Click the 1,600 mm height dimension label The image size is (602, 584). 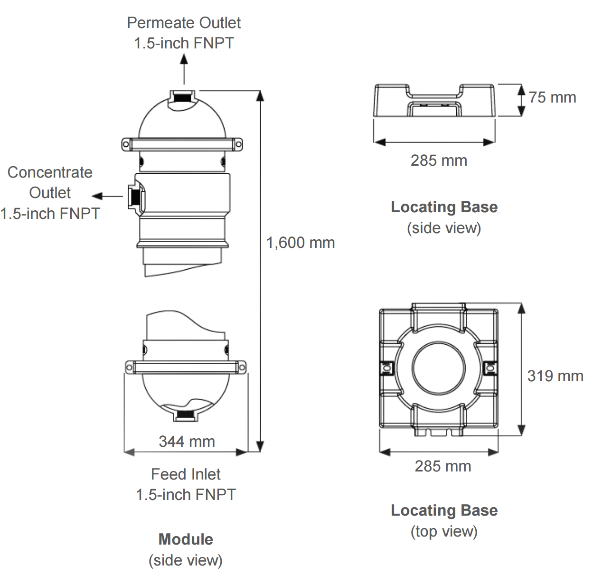[x=300, y=243]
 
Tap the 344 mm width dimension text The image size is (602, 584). [x=187, y=442]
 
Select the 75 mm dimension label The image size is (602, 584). [x=552, y=97]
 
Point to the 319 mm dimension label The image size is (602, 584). [x=555, y=376]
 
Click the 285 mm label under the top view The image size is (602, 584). [x=442, y=466]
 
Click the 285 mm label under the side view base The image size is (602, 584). [x=439, y=160]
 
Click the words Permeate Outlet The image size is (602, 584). [x=184, y=23]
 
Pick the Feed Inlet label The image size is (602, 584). [x=186, y=474]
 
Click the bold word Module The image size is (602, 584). [x=186, y=539]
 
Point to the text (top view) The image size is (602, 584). [x=444, y=531]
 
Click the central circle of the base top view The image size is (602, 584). [x=439, y=368]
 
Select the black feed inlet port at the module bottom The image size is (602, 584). [x=184, y=415]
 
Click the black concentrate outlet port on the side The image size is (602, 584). [x=134, y=196]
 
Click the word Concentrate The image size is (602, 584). [x=50, y=172]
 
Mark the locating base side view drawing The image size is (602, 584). [x=434, y=100]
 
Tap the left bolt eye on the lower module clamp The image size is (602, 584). [x=129, y=367]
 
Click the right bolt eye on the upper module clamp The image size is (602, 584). [x=238, y=144]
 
